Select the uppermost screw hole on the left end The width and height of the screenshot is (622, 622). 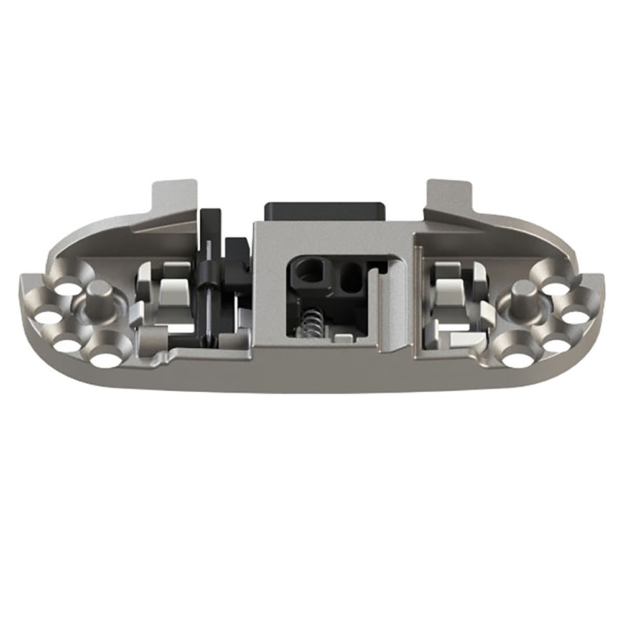click(67, 289)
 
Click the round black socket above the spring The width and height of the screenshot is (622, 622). click(308, 272)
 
